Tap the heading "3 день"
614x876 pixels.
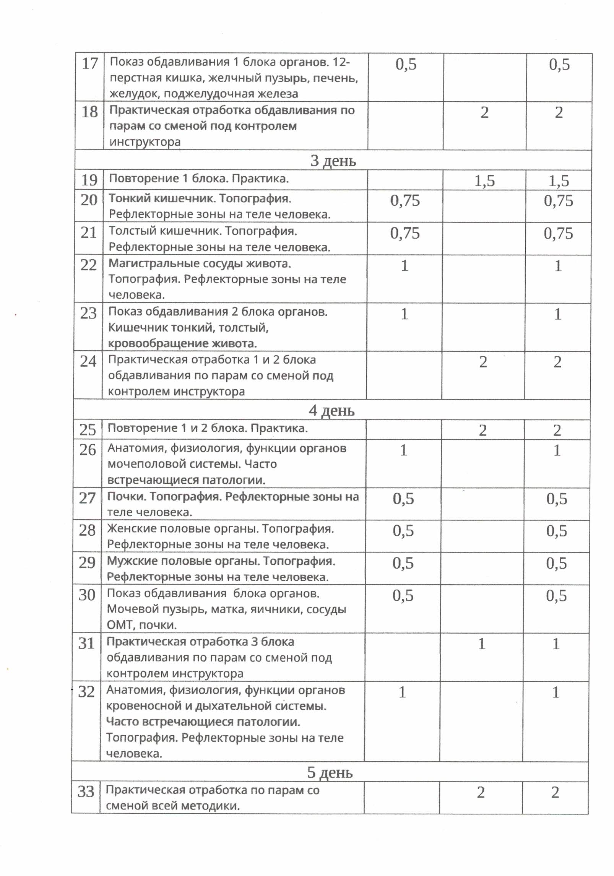point(333,161)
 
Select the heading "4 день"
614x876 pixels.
point(331,411)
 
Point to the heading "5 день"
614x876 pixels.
point(330,773)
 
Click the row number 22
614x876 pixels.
point(88,265)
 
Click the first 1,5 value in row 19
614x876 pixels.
point(484,181)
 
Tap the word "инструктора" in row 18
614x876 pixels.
point(145,142)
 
